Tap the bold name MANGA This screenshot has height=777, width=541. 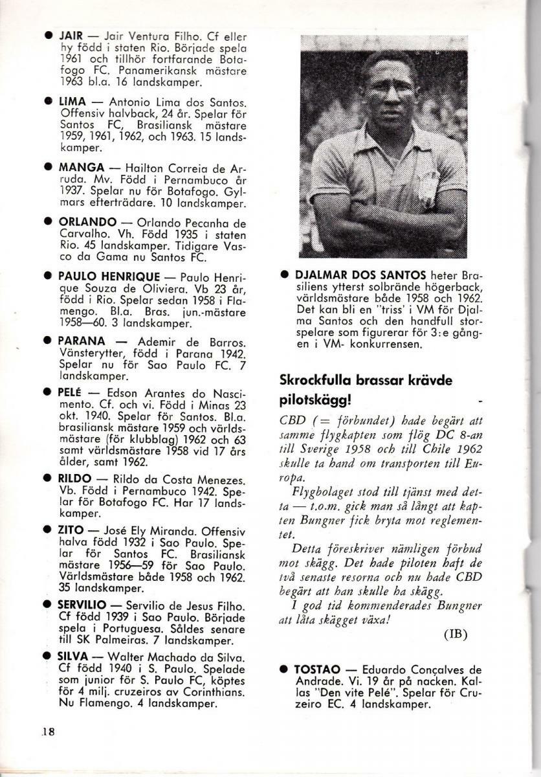tap(79, 168)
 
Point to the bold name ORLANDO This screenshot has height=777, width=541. tap(88, 221)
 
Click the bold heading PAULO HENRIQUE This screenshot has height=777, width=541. tap(114, 275)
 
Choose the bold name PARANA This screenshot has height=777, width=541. tap(82, 341)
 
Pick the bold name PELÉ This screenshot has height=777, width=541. tap(71, 394)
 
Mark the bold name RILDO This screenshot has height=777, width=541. tap(75, 478)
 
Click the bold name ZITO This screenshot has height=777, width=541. tap(71, 530)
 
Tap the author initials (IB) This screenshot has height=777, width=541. tap(454, 633)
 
